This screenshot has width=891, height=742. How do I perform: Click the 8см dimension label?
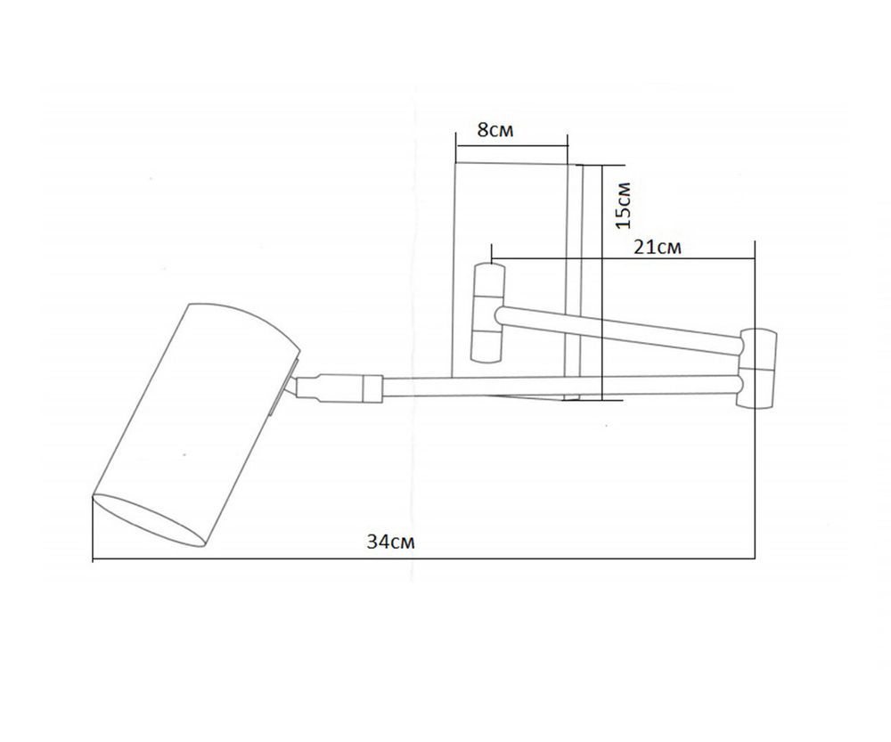495,130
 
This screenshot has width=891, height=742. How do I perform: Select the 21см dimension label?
658,248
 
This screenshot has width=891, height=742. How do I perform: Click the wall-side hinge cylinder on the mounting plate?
488,312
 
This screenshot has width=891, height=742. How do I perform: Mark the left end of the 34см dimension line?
94,559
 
